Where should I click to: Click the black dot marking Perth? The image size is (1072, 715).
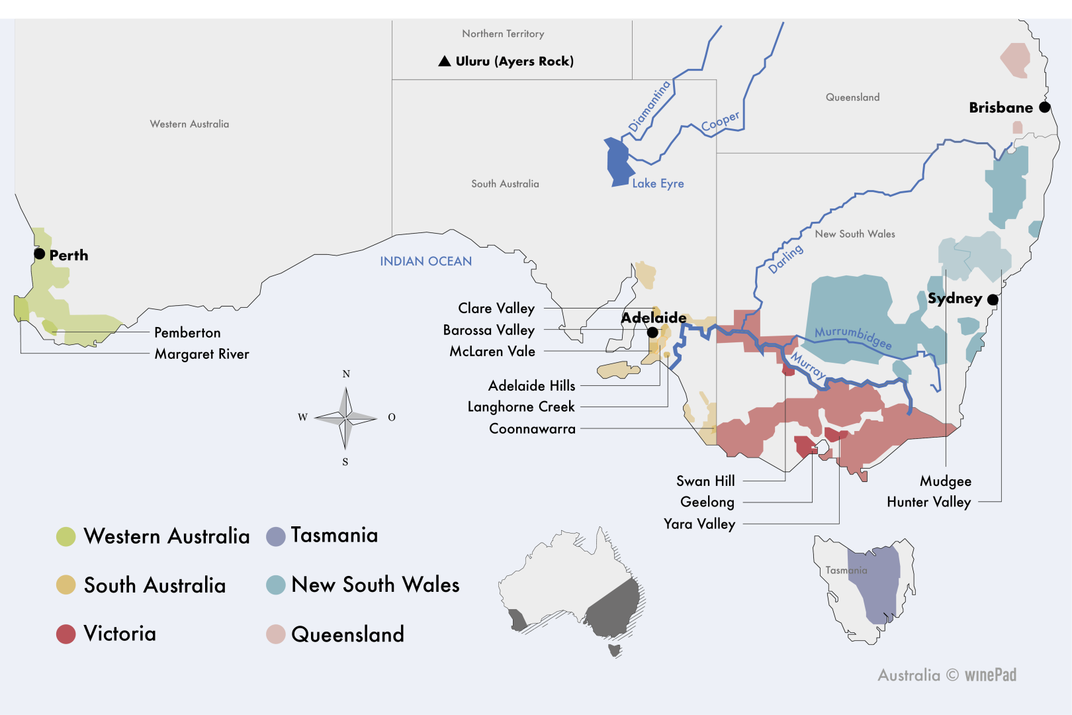(40, 254)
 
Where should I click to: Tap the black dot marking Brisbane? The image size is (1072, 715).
(1045, 107)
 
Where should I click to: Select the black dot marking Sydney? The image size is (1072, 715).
(993, 300)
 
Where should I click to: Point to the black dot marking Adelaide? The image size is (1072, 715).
(652, 332)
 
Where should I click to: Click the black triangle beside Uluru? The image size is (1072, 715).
(445, 62)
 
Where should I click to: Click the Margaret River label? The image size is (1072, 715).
(202, 354)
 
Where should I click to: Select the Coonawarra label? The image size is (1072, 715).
(532, 429)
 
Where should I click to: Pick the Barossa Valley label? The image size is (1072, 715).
(489, 330)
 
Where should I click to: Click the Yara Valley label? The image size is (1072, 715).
(699, 524)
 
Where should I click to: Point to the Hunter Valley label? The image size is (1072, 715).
(928, 502)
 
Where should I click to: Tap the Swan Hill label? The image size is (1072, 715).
(705, 481)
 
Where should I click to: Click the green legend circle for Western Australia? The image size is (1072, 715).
(66, 536)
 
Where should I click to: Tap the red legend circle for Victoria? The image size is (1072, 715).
(66, 634)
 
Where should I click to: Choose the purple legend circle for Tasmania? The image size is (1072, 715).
(275, 536)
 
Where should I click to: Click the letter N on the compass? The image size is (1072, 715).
(346, 374)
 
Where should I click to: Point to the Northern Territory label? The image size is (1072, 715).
(503, 34)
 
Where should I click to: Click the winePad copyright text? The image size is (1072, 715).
(947, 675)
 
